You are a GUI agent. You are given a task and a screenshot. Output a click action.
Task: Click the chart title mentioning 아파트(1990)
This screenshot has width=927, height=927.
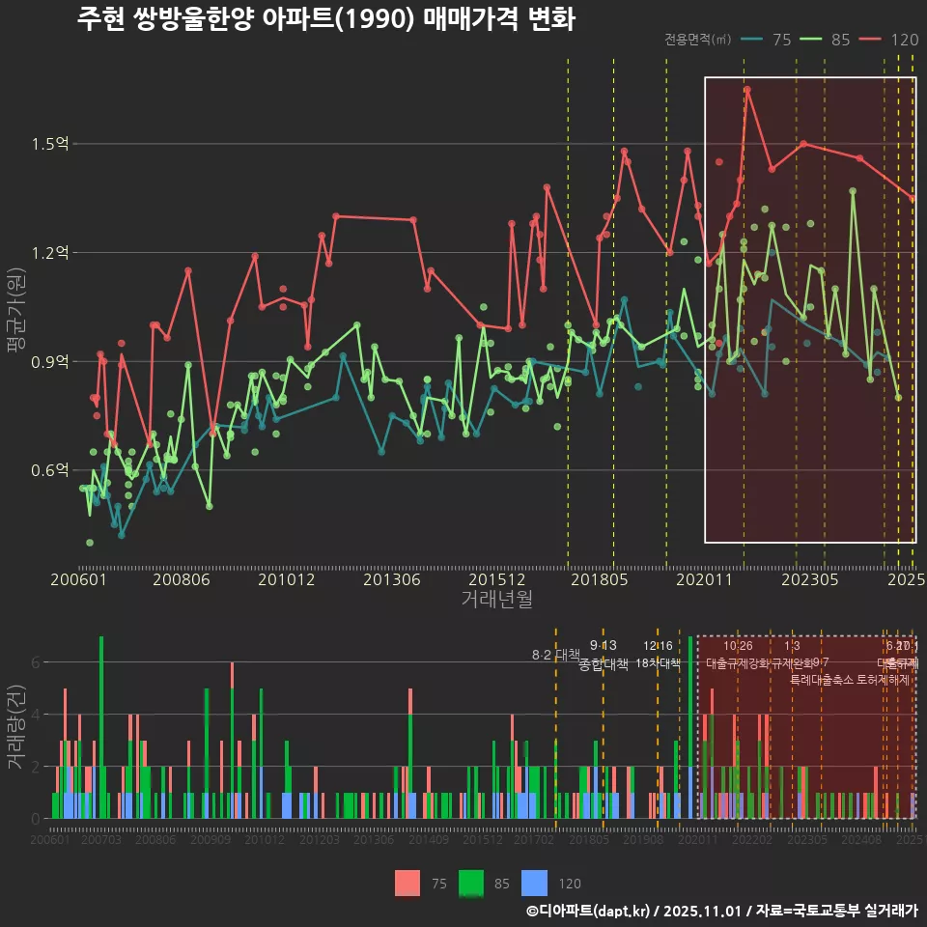pos(325,19)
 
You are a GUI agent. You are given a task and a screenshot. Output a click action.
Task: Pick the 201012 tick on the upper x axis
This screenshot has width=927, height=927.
pos(286,579)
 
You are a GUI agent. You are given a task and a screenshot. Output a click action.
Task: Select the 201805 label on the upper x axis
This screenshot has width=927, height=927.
pos(599,579)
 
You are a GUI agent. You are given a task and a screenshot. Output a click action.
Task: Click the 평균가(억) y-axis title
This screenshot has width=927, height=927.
pos(15,314)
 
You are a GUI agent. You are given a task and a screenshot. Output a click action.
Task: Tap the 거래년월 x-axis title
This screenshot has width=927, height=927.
pos(496,599)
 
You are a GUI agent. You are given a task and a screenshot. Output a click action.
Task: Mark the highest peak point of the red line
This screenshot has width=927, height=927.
pos(747,90)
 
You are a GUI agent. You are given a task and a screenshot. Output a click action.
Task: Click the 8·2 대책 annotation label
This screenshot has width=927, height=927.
pos(555,655)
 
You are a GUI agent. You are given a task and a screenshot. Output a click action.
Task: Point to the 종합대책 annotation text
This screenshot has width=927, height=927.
pos(604,664)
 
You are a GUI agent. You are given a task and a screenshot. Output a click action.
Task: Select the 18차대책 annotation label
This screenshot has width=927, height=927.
pos(658,663)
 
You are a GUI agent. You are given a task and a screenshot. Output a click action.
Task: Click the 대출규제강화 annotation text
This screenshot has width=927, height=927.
pos(738,663)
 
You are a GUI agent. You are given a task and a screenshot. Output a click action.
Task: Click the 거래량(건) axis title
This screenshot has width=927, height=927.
pos(15,727)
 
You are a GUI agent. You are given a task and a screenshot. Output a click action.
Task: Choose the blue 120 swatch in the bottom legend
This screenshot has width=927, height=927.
pos(534,883)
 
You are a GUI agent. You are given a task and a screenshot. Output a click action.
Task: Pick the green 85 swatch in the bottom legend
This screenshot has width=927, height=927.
pos(471,883)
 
